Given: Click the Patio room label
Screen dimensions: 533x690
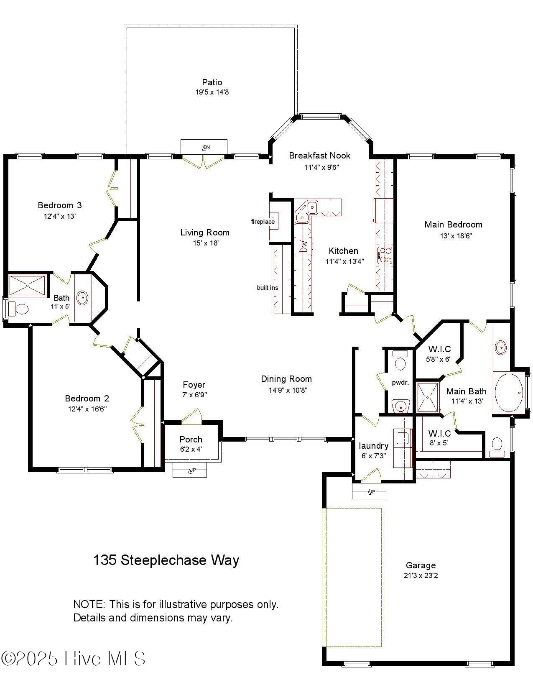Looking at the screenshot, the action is click(x=212, y=82).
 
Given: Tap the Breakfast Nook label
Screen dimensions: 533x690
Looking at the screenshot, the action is click(x=319, y=156).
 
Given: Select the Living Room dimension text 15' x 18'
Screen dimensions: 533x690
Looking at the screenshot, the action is click(x=205, y=243).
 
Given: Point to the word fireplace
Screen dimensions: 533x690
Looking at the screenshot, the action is click(x=263, y=222).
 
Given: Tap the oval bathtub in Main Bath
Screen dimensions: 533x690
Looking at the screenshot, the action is click(x=509, y=393).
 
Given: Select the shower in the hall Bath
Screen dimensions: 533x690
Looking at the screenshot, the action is click(x=27, y=286).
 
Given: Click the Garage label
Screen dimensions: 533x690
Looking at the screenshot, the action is click(x=421, y=565).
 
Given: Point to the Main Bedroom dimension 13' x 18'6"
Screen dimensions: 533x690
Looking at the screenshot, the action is click(x=456, y=236).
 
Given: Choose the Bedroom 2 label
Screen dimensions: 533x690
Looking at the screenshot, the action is click(x=87, y=398).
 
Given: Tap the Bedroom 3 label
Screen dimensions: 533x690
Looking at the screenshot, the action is click(x=60, y=205).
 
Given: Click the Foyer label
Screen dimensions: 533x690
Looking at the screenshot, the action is click(x=194, y=385).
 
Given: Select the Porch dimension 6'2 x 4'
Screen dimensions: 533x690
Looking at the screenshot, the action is click(x=191, y=449).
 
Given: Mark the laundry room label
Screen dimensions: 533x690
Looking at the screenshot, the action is click(x=373, y=446).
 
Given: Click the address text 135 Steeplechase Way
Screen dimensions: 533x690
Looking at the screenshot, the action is click(x=166, y=560).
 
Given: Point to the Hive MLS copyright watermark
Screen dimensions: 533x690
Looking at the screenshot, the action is click(x=73, y=658).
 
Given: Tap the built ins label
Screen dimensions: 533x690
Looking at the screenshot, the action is click(x=267, y=288).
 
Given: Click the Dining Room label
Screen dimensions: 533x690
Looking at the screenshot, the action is click(x=286, y=379).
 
